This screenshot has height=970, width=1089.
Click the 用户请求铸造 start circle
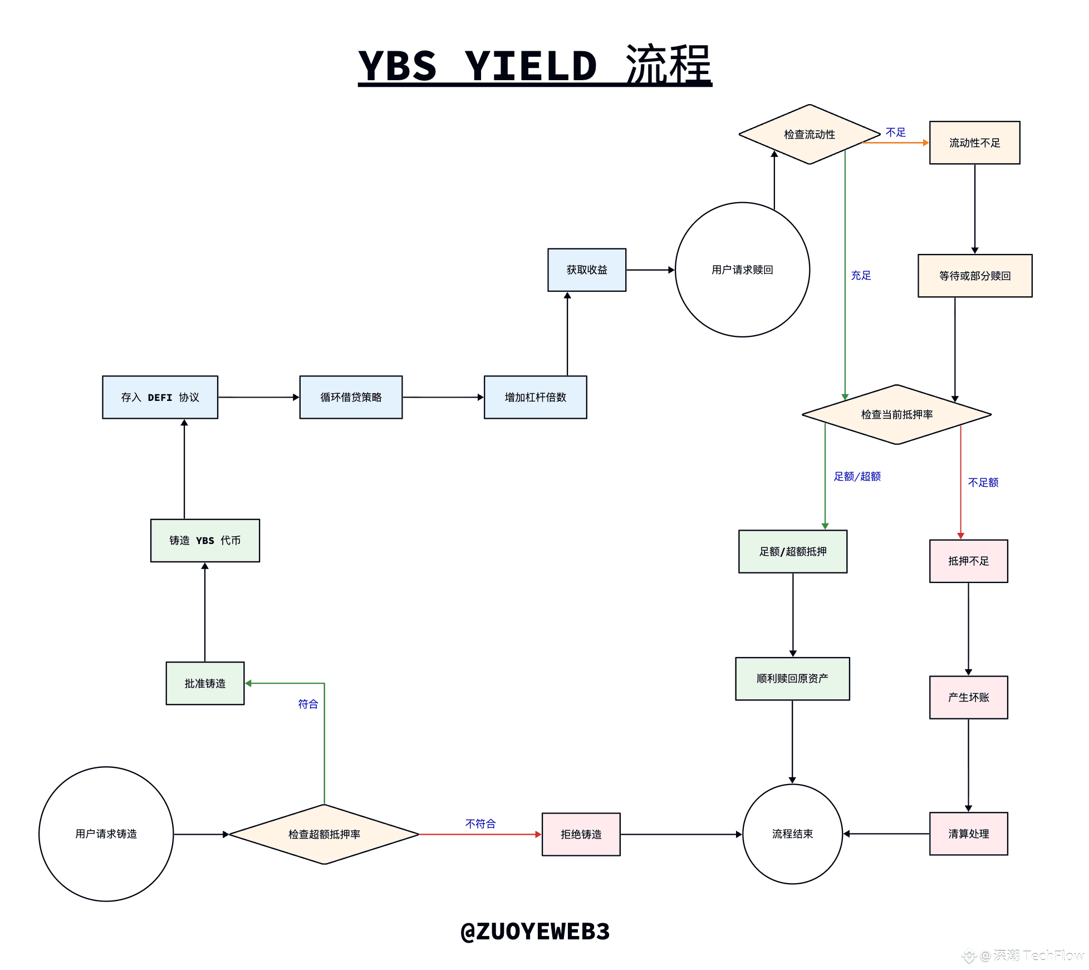[x=106, y=834]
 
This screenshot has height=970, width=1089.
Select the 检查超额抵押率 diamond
[x=324, y=834]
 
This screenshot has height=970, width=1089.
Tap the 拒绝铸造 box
[x=581, y=834]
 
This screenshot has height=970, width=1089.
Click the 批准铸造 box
[x=205, y=683]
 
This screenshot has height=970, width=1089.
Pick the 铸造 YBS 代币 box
[x=205, y=540]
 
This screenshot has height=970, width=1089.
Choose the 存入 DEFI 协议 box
[x=160, y=397]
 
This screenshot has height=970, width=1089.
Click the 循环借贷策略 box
[x=351, y=397]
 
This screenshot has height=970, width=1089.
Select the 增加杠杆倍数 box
[x=535, y=397]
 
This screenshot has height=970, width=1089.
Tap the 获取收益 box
[x=587, y=270]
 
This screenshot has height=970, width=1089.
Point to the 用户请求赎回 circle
[x=742, y=270]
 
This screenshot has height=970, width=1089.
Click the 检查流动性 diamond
[x=810, y=134]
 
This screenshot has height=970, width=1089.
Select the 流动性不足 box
[x=974, y=143]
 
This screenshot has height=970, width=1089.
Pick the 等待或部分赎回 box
[x=974, y=276]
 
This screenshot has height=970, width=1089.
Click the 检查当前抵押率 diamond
[x=896, y=414]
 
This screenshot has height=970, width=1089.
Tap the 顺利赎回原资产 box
[x=792, y=678]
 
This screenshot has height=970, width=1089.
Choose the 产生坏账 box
[x=968, y=697]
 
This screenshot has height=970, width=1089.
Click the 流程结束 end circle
[x=792, y=834]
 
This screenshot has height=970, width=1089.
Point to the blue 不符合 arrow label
[x=480, y=824]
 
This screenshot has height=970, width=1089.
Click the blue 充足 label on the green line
[x=861, y=275]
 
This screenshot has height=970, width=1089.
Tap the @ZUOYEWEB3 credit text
[x=535, y=931]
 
